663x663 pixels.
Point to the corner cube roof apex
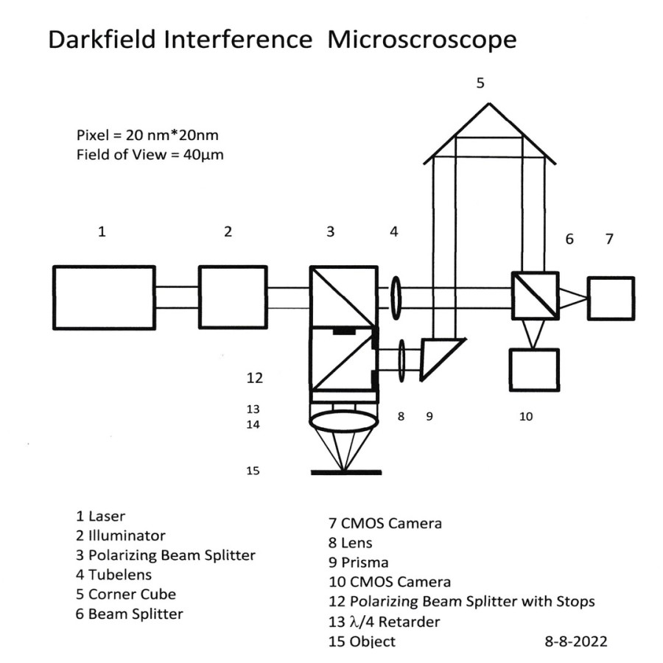[489, 102]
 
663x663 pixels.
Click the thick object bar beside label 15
[346, 472]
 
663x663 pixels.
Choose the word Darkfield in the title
[102, 39]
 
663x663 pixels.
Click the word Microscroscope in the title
[422, 41]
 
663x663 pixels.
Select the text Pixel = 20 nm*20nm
[147, 136]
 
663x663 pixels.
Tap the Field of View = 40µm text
[150, 155]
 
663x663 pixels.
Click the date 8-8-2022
[576, 641]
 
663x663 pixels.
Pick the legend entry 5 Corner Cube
[126, 594]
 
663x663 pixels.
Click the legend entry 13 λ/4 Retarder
[385, 622]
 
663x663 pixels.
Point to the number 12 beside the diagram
[255, 378]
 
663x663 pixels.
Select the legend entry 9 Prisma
[359, 562]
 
